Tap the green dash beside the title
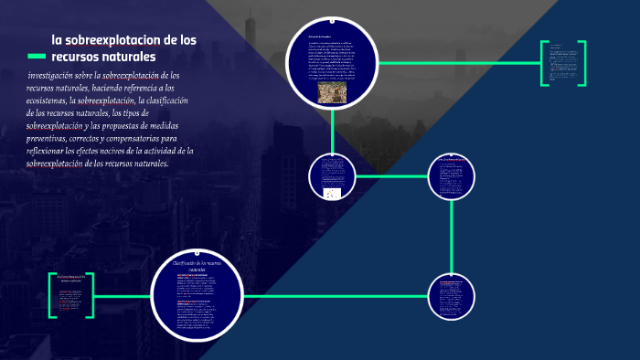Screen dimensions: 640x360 coord(37,57)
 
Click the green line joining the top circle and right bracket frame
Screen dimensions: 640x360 coord(457,62)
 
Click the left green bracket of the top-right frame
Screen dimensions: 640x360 coord(543,63)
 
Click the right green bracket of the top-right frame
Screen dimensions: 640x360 coord(582,63)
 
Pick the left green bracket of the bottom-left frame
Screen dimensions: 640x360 coord(53,295)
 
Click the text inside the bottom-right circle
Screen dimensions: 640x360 coord(452,295)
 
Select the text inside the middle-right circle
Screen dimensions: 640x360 coord(453,177)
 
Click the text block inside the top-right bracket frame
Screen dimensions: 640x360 coord(562,60)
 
